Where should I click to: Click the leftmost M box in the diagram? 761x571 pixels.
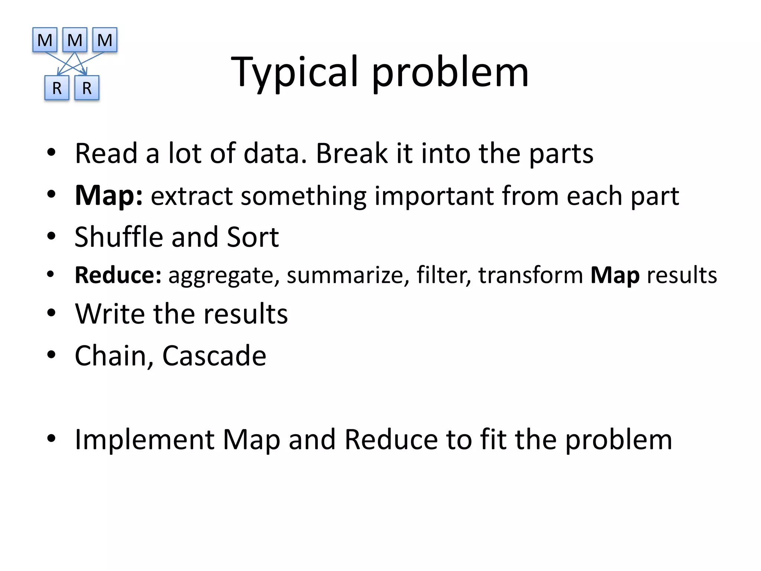click(45, 40)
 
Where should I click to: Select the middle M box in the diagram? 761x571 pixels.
click(75, 40)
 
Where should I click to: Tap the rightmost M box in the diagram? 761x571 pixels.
click(105, 40)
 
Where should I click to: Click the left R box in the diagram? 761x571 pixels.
click(57, 88)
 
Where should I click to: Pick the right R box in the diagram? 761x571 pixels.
click(87, 88)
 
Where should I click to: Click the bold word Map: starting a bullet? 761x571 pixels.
click(109, 196)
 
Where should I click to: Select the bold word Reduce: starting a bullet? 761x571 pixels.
click(118, 275)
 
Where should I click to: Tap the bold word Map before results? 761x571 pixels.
click(615, 275)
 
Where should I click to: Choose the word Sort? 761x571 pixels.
click(253, 237)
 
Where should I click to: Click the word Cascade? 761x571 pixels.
click(214, 356)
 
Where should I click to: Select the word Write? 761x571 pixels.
click(110, 314)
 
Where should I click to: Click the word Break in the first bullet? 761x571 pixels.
click(352, 153)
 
